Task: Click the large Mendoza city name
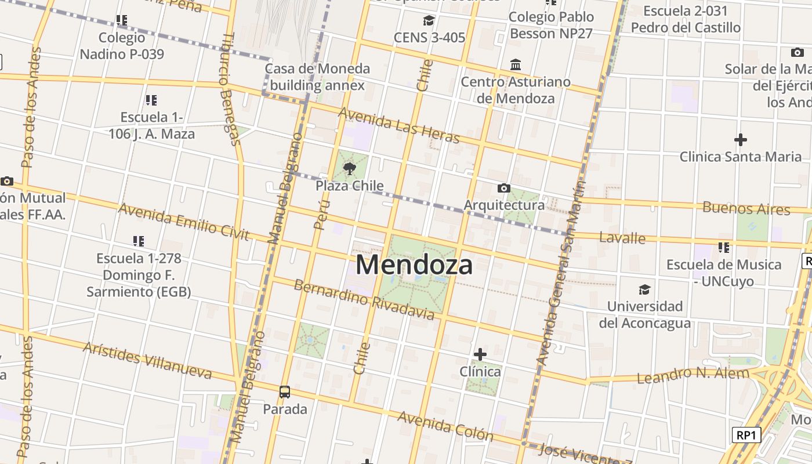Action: click(x=414, y=264)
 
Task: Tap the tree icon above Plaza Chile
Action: click(x=349, y=169)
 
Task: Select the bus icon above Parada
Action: click(x=285, y=391)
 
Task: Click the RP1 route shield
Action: click(x=746, y=435)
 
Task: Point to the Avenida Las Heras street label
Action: click(x=398, y=125)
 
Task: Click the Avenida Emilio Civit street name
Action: click(x=183, y=222)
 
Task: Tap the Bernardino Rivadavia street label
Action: click(x=364, y=299)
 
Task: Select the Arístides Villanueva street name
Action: click(x=147, y=360)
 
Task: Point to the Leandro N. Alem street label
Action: click(x=693, y=375)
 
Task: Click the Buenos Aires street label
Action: click(x=746, y=208)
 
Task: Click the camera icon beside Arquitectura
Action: click(x=504, y=188)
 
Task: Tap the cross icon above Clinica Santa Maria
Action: click(x=740, y=140)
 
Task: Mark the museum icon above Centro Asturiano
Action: click(x=515, y=64)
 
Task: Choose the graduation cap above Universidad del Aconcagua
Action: click(x=644, y=289)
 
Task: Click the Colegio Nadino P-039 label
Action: click(x=122, y=46)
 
